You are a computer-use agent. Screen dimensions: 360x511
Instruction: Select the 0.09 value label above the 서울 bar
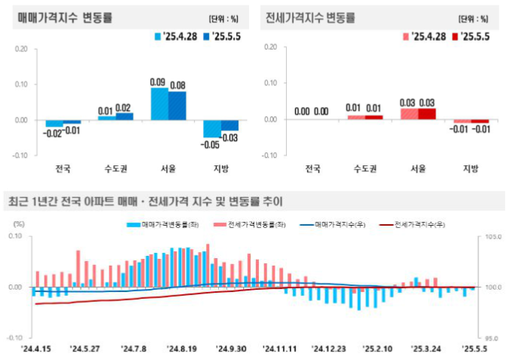[x=158, y=82]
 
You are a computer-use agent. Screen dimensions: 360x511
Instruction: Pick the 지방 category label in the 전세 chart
[x=471, y=167]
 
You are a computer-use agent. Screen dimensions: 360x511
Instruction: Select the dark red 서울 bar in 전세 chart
[x=427, y=114]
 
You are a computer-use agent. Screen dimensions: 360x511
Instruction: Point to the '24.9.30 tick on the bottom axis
[x=232, y=349]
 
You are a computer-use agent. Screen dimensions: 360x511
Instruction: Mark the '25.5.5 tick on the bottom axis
[x=474, y=349]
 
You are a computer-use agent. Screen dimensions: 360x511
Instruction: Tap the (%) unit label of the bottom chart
[x=20, y=224]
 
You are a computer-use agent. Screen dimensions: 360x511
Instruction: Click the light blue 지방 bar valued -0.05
[x=211, y=128]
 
